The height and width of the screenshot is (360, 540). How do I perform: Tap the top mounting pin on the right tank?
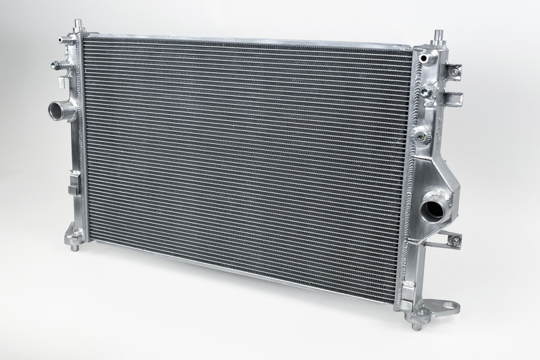point(437,34)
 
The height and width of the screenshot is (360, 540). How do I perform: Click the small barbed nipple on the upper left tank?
point(54,66)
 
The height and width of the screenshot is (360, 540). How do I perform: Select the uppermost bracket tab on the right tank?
point(453,70)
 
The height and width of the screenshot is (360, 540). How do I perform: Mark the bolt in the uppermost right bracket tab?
point(456,71)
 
